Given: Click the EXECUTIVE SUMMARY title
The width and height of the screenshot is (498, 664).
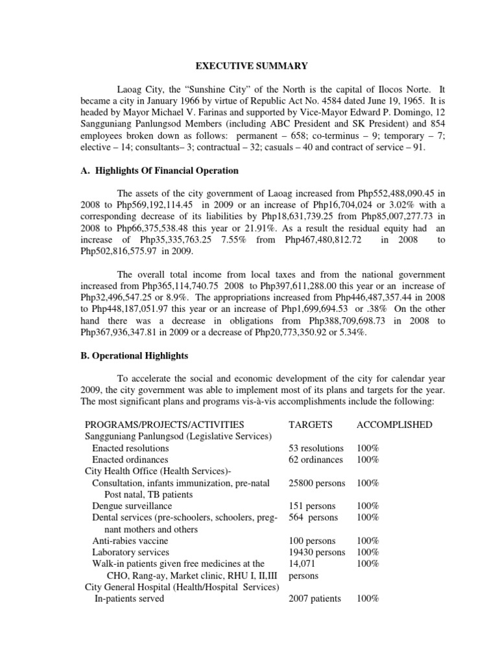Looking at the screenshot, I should click(x=248, y=65).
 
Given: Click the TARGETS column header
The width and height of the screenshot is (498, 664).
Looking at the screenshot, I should click(x=310, y=425).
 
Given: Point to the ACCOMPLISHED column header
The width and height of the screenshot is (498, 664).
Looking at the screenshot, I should click(x=394, y=425).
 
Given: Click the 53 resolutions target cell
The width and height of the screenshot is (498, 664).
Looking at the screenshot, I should click(x=316, y=448).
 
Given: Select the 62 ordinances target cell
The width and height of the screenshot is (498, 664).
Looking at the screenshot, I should click(x=315, y=460).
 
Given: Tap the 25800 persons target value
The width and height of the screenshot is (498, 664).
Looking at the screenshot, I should click(x=316, y=483).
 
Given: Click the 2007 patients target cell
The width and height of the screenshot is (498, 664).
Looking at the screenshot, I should click(x=314, y=599).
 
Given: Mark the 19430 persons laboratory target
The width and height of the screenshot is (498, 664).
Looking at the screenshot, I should click(x=316, y=552).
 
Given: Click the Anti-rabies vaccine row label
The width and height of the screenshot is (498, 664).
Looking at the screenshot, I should click(x=130, y=541).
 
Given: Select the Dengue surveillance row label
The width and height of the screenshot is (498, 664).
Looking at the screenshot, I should click(x=134, y=506).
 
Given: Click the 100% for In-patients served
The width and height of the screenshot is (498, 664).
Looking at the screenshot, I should click(x=367, y=599).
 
